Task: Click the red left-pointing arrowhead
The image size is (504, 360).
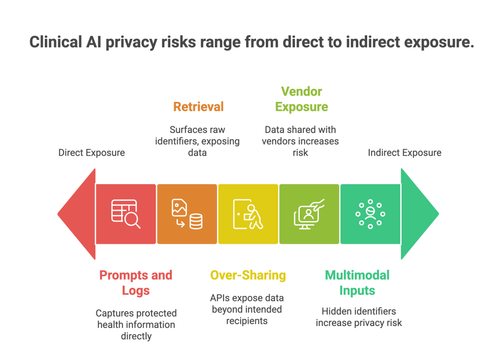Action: coord(79,214)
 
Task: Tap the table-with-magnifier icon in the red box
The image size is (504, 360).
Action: coord(126,214)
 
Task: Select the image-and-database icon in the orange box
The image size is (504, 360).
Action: coord(187,214)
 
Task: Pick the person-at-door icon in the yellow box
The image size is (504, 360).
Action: coord(248,214)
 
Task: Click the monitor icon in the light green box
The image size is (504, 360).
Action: coord(309,214)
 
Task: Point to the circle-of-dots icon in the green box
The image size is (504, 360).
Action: coord(370,214)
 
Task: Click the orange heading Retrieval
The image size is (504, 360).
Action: coord(198,106)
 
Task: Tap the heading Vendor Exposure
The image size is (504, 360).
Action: coord(301,99)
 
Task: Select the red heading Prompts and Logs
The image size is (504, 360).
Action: coord(136,282)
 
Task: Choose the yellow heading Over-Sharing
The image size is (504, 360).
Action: coord(248,275)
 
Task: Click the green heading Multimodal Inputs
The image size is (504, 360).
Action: coord(357,282)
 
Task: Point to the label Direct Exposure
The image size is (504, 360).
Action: coord(92,153)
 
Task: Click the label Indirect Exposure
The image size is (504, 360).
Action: coord(405,153)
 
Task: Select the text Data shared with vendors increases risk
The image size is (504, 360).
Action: coord(300,141)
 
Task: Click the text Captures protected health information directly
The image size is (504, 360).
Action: coord(136,325)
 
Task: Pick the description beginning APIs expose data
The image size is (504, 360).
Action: coord(248,309)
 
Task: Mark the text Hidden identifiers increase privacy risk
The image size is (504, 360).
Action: coord(359,317)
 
